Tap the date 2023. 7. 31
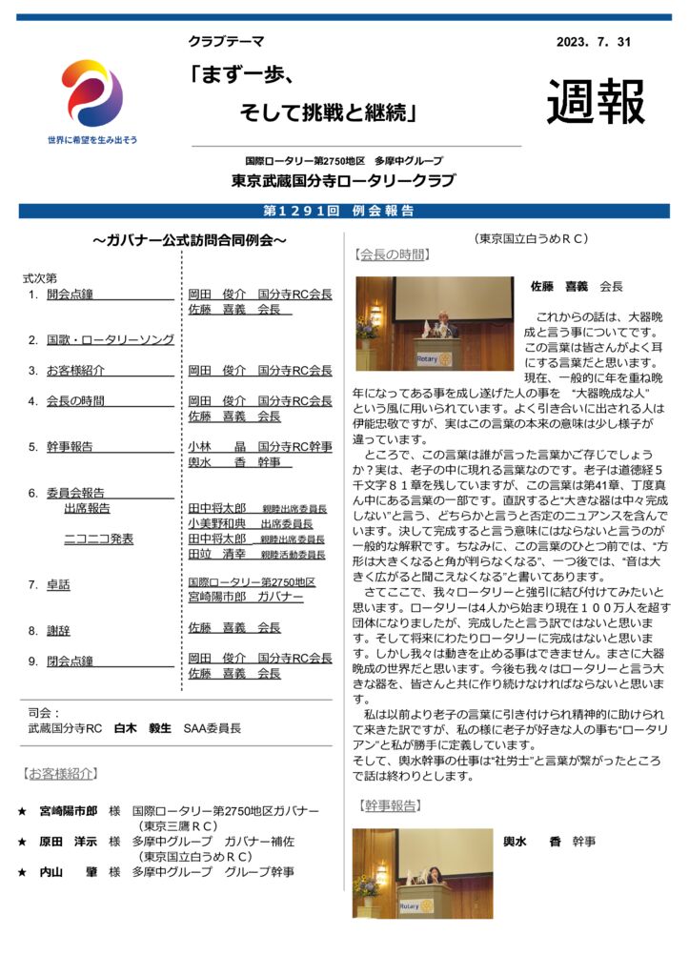593,42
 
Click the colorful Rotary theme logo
92,93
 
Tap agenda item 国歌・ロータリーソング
110,339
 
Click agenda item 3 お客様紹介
75,370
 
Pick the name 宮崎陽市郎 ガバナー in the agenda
245,597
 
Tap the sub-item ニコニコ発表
98,539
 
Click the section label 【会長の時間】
393,254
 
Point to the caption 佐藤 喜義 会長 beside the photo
577,286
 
